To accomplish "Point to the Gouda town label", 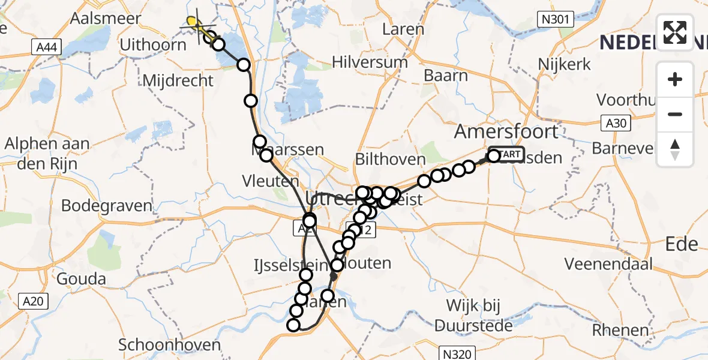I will tap(81, 278).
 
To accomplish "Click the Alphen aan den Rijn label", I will tap(47, 152).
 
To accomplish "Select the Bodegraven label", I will tap(107, 205).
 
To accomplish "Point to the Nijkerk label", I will tap(564, 64).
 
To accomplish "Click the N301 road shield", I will tap(557, 20).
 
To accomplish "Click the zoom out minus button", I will tap(675, 114).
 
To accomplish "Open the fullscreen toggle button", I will tap(675, 32).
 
